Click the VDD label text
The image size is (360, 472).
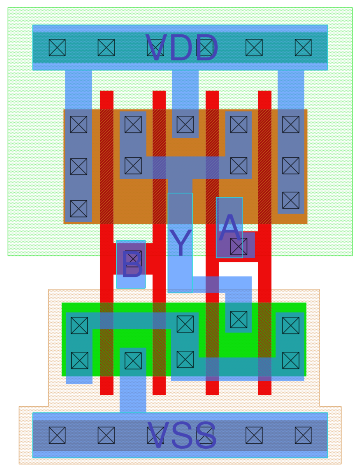[182, 48]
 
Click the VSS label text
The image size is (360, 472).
[182, 435]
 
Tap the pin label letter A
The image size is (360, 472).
[230, 228]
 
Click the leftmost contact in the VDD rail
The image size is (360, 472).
[57, 48]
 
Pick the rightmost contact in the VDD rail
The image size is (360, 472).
[303, 48]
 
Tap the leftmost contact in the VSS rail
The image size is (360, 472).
[57, 435]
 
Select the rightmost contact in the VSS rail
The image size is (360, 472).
[303, 435]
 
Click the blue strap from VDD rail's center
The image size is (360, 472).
[185, 89]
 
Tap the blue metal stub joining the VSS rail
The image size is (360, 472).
[133, 395]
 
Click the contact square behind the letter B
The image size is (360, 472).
[133, 259]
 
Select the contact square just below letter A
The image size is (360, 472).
[238, 246]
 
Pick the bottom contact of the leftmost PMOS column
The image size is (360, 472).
[79, 209]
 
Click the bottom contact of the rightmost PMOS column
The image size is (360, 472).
[291, 200]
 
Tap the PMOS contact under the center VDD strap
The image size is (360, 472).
[185, 124]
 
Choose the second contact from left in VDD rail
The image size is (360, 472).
[106, 48]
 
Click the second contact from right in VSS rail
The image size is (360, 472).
[254, 435]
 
